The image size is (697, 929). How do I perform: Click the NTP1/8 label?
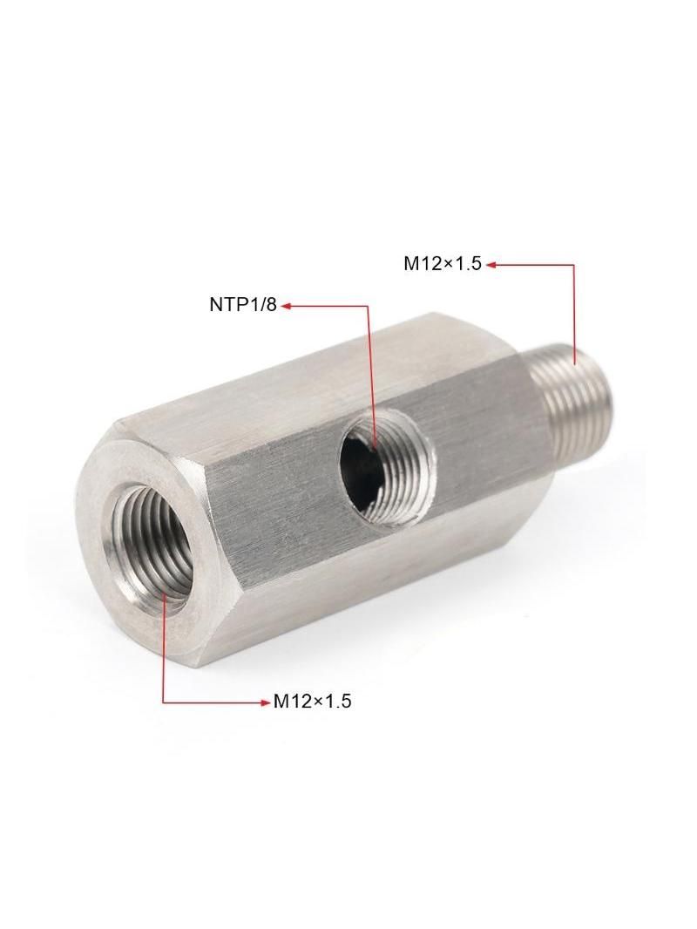click(243, 305)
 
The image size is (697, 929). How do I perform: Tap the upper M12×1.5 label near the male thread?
click(443, 264)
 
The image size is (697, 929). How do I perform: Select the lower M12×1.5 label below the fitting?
click(312, 702)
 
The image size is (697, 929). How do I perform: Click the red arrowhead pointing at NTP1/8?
click(286, 306)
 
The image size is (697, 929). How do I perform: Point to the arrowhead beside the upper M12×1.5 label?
click(491, 265)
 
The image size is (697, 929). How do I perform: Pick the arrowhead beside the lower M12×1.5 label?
click(266, 702)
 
